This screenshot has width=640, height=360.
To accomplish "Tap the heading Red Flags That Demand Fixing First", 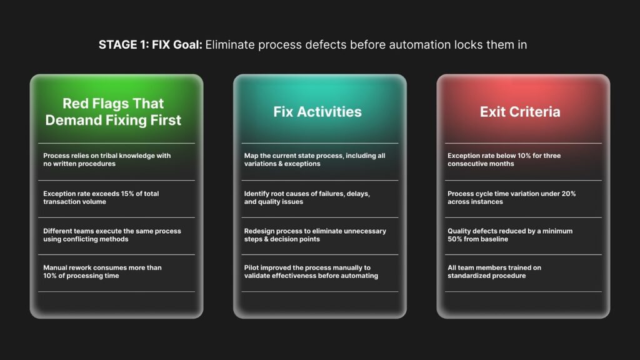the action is [x=113, y=112].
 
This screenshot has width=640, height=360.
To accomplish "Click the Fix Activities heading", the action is [x=317, y=112].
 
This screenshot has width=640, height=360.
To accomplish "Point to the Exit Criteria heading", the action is [x=520, y=112].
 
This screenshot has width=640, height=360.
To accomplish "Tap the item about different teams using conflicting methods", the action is [x=112, y=235].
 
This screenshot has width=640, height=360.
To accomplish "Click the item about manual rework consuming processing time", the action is [x=102, y=272].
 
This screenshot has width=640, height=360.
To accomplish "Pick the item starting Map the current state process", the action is [x=315, y=159].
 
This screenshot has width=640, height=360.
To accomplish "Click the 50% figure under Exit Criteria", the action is [x=455, y=239].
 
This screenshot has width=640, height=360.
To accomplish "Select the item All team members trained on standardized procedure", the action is [x=494, y=272].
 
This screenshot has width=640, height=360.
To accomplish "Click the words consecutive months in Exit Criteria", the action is [x=481, y=164].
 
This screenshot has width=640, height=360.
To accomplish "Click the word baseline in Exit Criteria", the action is [x=494, y=239].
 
